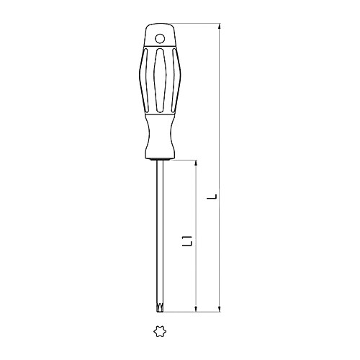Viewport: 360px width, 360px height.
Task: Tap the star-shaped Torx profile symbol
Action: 159,332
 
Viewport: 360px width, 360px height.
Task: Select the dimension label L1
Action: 188,243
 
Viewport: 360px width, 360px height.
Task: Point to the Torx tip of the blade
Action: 159,309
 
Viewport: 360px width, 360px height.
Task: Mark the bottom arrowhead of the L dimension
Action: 217,310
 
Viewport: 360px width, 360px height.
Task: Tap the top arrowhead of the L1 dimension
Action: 197,163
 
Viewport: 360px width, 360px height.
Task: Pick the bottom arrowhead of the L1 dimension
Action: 197,310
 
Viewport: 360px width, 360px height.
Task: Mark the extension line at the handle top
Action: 194,23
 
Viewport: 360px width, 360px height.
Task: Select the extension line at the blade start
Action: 184,160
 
